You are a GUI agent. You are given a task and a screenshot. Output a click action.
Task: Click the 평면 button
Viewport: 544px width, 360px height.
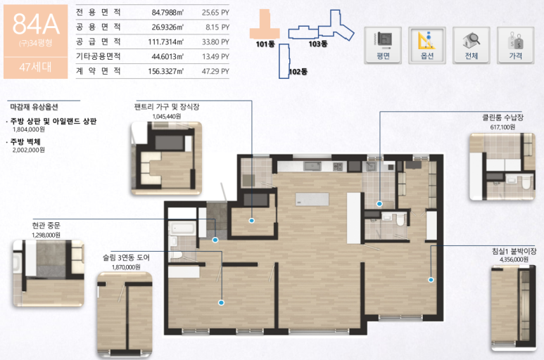[x=383, y=46]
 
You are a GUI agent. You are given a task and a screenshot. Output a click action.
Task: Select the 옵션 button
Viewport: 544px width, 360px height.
[x=427, y=46]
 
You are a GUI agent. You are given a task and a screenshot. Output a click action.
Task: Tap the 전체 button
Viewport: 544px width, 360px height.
[x=472, y=46]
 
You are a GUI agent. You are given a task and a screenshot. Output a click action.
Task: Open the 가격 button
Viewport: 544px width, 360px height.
[x=516, y=46]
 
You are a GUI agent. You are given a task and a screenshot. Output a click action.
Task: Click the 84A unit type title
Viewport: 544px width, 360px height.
[x=36, y=24]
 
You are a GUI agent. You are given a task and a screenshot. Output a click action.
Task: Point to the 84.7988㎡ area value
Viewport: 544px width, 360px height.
[x=167, y=13]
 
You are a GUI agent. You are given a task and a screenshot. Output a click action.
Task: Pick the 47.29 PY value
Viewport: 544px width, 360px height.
[x=215, y=72]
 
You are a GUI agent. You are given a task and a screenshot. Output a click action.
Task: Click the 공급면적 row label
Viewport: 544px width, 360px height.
[x=99, y=42]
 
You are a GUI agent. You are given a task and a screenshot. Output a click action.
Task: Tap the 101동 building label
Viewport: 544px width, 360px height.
[x=265, y=44]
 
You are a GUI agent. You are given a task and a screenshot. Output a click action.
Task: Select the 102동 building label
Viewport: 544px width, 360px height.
[x=298, y=72]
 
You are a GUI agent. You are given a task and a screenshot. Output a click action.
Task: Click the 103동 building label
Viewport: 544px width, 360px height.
[x=318, y=44]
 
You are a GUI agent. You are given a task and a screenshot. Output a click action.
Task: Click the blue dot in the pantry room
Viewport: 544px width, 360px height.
[x=252, y=220]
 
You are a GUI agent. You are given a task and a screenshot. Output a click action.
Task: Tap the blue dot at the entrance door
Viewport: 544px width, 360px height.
[x=215, y=240]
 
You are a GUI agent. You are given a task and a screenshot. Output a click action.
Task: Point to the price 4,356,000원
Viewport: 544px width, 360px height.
[x=514, y=259]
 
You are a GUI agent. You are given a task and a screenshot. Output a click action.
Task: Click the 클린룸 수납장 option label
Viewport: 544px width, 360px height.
[x=502, y=118]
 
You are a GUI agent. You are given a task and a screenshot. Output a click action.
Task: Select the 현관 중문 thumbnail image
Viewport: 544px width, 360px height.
[x=49, y=274]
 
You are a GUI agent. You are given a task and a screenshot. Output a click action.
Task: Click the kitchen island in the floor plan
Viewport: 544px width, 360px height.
[x=312, y=200]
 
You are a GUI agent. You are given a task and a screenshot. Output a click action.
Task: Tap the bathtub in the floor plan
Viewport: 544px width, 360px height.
[x=182, y=229]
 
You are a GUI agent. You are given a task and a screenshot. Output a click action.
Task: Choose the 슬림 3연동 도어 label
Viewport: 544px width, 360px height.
[x=126, y=258]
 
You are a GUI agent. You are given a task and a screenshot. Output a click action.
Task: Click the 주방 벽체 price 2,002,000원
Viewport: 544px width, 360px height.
[x=29, y=150]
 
